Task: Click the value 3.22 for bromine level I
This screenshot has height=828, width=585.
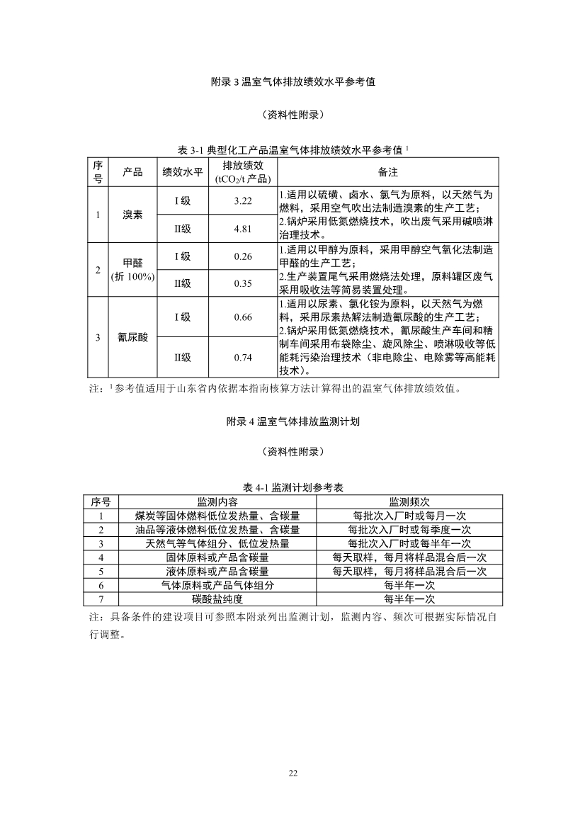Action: [243, 201]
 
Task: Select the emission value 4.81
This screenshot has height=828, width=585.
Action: [243, 229]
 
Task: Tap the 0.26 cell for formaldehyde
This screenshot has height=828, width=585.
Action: [243, 256]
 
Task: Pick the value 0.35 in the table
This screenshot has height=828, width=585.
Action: [243, 283]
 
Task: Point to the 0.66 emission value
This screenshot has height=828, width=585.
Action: [243, 317]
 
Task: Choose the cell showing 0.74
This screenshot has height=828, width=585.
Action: [243, 358]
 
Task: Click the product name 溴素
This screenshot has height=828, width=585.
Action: [132, 215]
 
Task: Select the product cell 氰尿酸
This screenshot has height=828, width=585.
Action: [132, 338]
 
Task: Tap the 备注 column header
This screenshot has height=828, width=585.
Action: [388, 172]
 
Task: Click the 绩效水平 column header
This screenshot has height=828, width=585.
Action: [183, 172]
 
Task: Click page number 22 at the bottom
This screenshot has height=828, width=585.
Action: [292, 773]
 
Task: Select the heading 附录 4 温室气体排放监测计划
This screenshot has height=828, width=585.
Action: [292, 421]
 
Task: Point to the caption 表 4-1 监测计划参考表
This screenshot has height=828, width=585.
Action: [292, 488]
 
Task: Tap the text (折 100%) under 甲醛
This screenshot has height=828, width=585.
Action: [132, 277]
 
